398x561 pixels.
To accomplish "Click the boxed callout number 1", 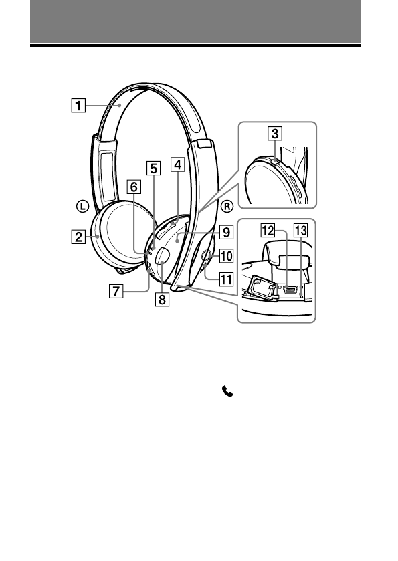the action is tap(78, 106).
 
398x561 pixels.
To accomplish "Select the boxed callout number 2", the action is tap(78, 237).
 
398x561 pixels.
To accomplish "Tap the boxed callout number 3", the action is tap(274, 134).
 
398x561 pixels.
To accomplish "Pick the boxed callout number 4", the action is tap(177, 165).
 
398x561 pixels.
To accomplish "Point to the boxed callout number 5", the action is tap(153, 168).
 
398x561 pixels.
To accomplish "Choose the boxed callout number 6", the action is tap(134, 187).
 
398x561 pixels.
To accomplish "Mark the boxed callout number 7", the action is tap(116, 291).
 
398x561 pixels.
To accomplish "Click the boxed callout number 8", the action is tap(162, 299).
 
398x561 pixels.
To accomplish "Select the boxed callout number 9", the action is tap(226, 232).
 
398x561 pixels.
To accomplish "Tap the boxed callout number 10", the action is tap(226, 256).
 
